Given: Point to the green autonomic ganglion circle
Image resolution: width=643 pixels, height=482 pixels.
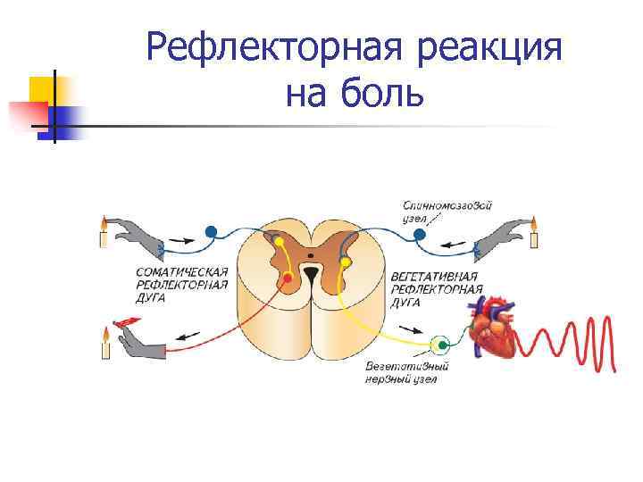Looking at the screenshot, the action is click(439, 344).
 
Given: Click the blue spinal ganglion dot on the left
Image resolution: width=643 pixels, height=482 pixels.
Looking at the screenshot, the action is click(211, 232).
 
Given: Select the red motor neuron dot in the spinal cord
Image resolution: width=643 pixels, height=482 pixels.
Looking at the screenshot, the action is click(288, 278).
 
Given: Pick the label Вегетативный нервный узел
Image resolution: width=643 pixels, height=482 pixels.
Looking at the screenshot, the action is click(406, 372).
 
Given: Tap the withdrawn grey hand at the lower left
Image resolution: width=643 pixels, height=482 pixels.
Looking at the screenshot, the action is click(143, 339).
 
